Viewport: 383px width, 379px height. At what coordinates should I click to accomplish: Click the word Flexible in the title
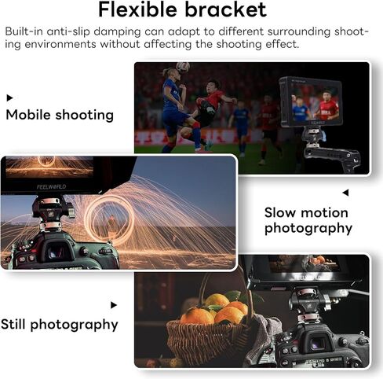[x=137, y=9]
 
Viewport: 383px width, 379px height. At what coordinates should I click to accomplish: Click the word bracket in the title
[x=226, y=9]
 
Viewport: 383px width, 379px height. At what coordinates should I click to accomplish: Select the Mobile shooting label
[x=60, y=115]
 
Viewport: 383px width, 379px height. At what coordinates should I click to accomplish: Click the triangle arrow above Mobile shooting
[x=9, y=98]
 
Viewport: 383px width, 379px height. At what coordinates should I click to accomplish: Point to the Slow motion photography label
[x=308, y=221]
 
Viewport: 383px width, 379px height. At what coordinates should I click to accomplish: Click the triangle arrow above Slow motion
[x=345, y=193]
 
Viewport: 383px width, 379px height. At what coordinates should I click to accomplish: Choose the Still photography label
[x=60, y=325]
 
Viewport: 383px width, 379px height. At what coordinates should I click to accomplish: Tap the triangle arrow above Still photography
[x=114, y=305]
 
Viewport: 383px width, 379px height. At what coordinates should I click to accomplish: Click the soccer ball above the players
[x=183, y=68]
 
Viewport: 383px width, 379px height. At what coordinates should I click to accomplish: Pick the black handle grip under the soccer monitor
[x=332, y=156]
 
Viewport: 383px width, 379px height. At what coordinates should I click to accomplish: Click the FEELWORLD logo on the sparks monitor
[x=51, y=187]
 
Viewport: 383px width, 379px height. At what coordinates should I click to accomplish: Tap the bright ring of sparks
[x=109, y=220]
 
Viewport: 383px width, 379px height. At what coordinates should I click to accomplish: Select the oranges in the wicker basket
[x=216, y=309]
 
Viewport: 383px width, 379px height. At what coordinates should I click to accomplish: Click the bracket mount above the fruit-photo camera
[x=311, y=305]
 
